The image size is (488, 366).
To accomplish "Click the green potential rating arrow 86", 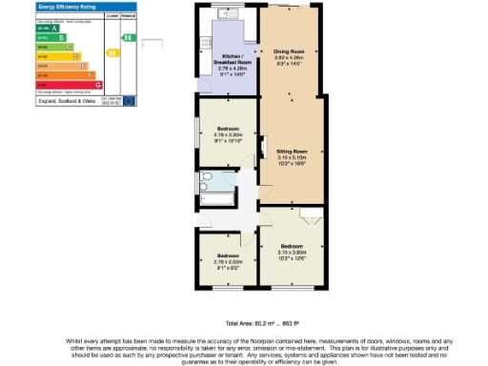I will click(x=129, y=37).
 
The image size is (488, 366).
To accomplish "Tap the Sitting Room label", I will click(x=291, y=151).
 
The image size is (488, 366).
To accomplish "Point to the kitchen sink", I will click(x=228, y=13).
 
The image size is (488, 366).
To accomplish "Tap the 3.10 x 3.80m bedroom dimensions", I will click(x=291, y=250).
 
